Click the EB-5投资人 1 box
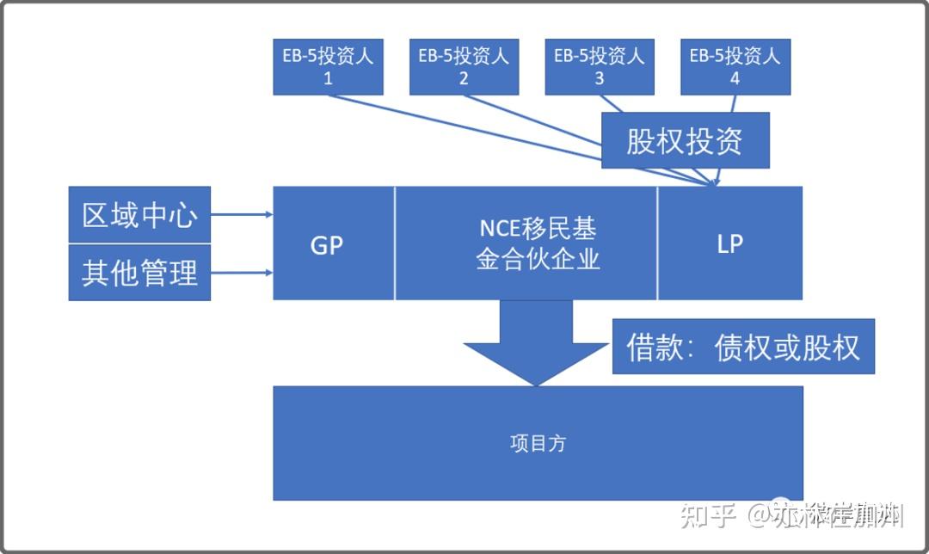point(328,66)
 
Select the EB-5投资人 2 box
point(464,66)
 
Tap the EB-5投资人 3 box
point(599,66)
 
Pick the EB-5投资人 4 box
point(735,66)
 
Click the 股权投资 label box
point(684,141)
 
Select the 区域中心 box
point(139,215)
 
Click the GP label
point(326,245)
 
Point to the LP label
point(729,244)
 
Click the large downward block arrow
point(536,343)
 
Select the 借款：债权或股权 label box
point(743,348)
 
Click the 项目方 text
point(538,444)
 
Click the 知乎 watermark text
point(708,515)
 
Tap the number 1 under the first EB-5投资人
point(328,78)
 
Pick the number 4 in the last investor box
point(735,78)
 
